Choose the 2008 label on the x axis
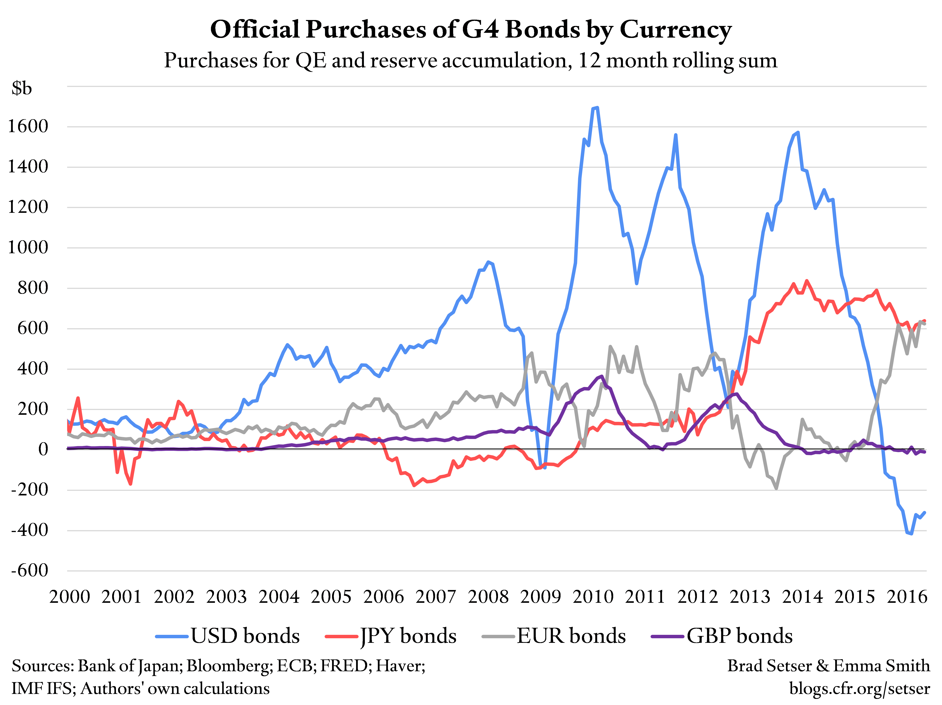pyautogui.click(x=488, y=597)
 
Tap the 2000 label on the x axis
pyautogui.click(x=69, y=597)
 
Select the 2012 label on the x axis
pyautogui.click(x=697, y=597)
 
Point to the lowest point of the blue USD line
pyautogui.click(x=911, y=533)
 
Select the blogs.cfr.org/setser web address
pyautogui.click(x=859, y=688)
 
